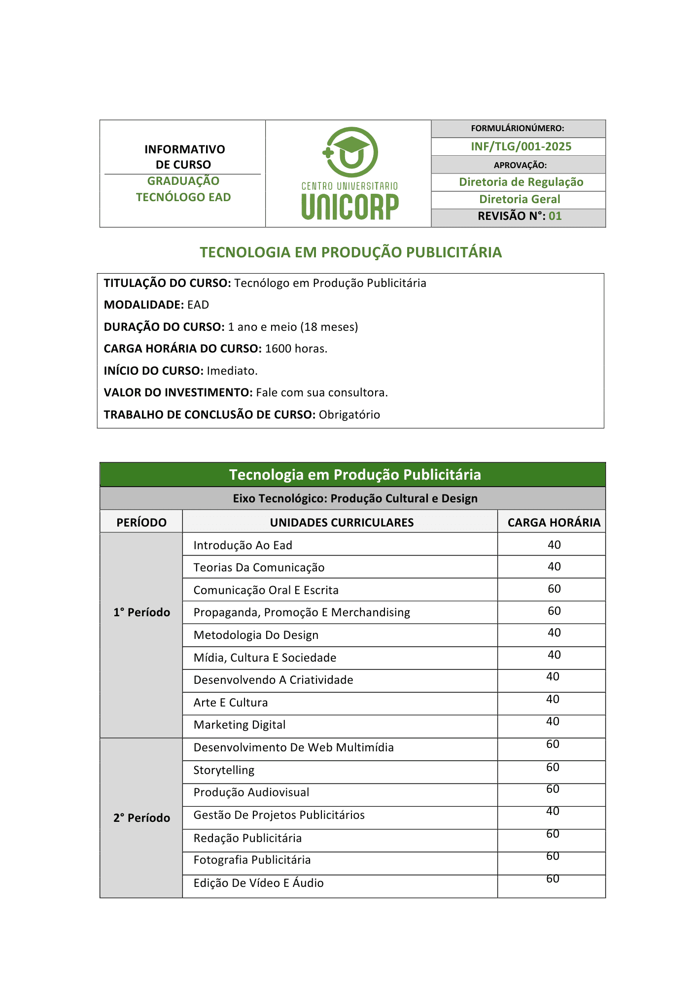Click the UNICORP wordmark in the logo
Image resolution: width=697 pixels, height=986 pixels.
[350, 207]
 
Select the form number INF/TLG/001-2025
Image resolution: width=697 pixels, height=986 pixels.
[521, 146]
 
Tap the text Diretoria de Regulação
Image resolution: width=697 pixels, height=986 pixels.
[521, 182]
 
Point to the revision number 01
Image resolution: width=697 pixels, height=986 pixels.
[555, 216]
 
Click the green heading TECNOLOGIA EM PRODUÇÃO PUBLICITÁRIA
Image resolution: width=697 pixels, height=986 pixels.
[350, 252]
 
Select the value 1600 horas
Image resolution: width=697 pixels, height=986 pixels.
[296, 349]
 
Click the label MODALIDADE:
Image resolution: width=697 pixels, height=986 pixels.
[144, 305]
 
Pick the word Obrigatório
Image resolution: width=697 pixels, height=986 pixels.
[349, 415]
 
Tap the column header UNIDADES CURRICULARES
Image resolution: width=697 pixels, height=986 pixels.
[342, 523]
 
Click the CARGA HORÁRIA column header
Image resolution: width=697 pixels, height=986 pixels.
[554, 523]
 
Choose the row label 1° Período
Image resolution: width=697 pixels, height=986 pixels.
[141, 612]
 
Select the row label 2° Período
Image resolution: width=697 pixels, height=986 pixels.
[141, 818]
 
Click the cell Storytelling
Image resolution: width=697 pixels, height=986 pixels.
[224, 770]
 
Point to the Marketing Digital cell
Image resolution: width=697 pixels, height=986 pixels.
[240, 725]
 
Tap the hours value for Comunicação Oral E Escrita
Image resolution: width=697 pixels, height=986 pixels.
[554, 589]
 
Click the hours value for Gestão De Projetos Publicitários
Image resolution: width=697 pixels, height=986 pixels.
[553, 811]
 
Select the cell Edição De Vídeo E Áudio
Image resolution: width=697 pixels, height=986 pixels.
[258, 883]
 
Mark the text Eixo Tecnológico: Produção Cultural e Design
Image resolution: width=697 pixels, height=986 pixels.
[355, 498]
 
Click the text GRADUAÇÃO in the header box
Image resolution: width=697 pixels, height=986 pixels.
[183, 181]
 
